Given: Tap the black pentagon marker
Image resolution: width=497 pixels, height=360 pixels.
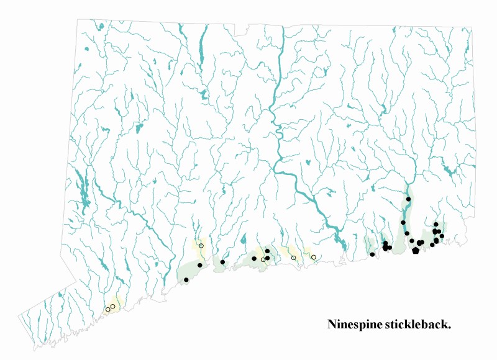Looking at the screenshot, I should point(415,251).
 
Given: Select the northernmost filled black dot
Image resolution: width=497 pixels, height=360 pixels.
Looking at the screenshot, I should point(409,199).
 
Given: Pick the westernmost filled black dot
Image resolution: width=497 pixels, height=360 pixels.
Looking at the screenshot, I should point(186,280).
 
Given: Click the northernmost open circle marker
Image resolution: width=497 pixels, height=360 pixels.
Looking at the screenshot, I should point(201,246).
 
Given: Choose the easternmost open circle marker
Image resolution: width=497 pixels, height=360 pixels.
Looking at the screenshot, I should point(314,257).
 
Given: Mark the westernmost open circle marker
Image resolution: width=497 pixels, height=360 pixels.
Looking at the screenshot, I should point(107,309).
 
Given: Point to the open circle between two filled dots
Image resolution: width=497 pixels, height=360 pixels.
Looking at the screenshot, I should point(263,259).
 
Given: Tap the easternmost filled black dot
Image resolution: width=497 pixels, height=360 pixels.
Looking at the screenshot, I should point(442,236).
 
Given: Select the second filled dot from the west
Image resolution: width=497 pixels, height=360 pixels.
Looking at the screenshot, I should point(200,265).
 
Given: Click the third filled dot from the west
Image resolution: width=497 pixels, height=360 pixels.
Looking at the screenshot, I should point(222,263).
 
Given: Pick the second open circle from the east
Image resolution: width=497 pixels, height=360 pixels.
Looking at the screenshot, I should point(294,258).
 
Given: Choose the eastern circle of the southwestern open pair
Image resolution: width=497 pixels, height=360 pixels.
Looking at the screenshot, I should point(113,306).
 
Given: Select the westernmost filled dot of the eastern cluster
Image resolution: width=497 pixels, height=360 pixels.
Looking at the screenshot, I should point(372,254).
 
